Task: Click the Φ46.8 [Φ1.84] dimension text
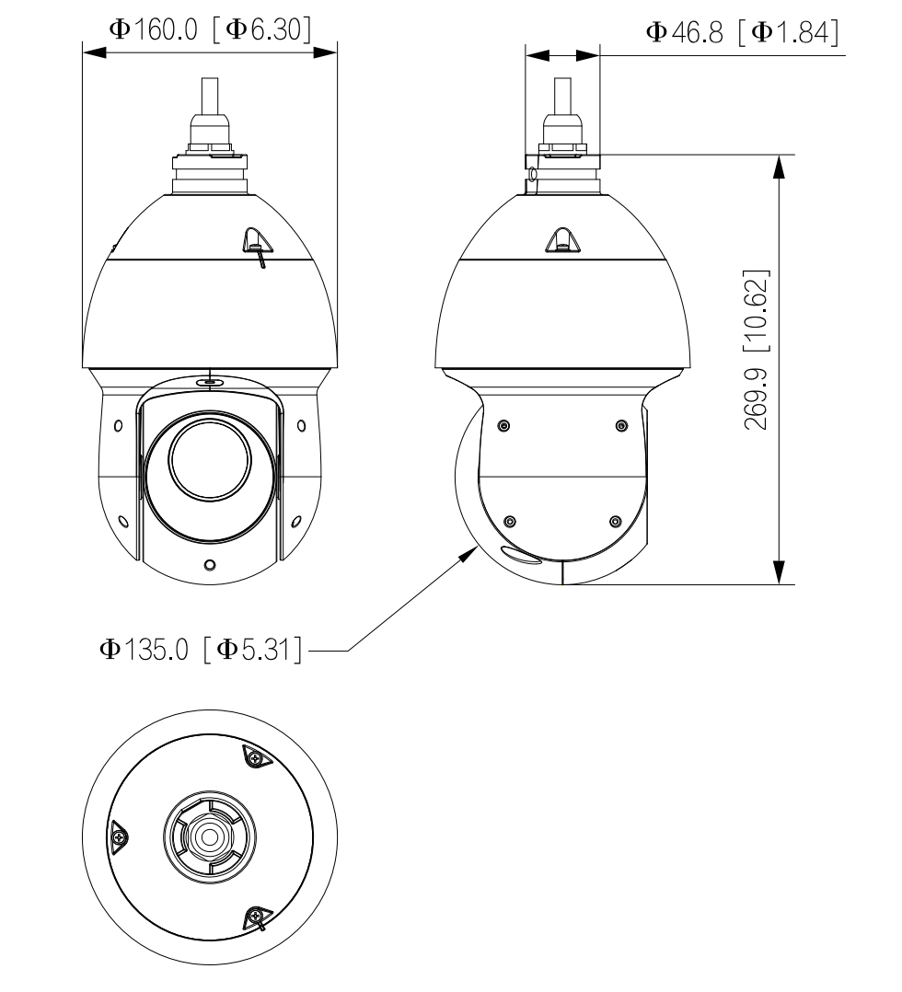click(743, 32)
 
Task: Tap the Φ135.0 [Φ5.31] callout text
click(202, 650)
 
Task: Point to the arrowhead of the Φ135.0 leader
click(472, 549)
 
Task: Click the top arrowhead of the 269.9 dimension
click(780, 167)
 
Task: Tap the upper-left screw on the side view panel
click(503, 425)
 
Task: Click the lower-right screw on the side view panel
click(615, 522)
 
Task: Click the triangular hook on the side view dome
click(561, 240)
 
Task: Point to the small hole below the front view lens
click(210, 564)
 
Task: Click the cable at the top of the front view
click(210, 96)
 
